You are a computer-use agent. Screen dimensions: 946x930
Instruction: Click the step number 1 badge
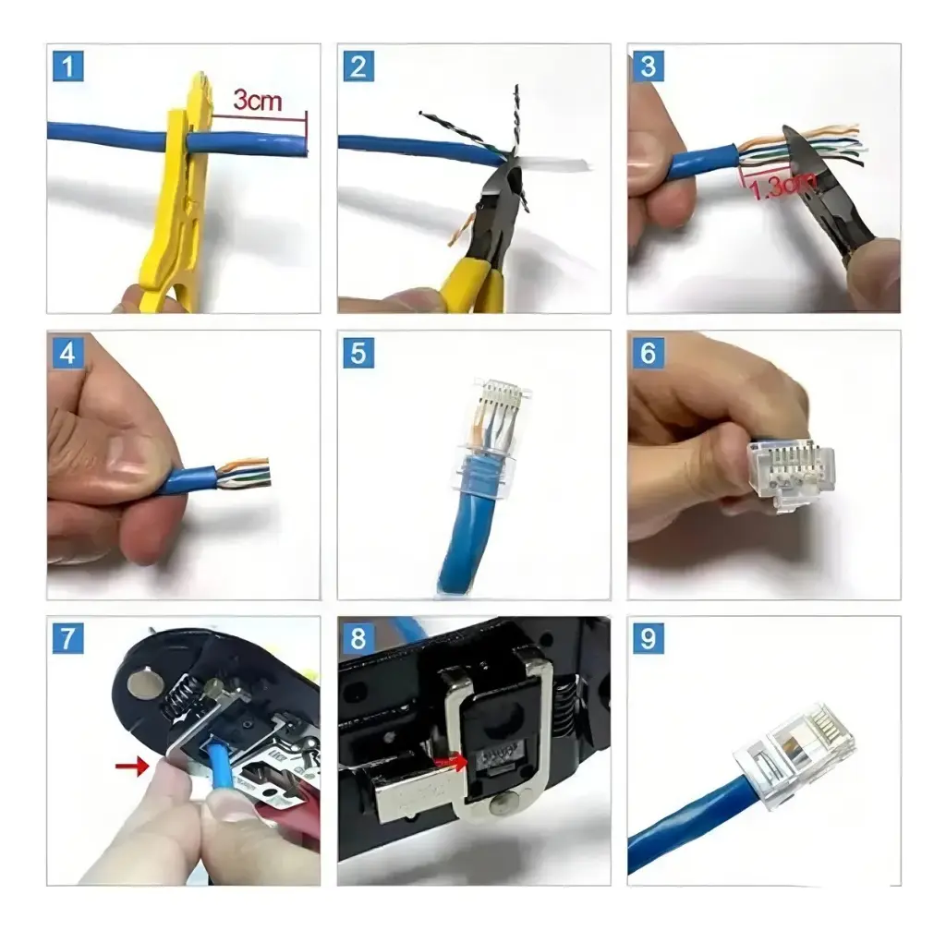(67, 66)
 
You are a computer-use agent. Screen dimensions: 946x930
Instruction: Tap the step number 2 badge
(358, 66)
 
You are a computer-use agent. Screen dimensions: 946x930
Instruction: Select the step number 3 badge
(648, 66)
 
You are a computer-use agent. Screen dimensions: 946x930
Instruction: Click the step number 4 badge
(67, 353)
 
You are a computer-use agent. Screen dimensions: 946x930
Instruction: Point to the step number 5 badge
(358, 353)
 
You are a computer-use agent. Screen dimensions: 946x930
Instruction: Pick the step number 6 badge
(648, 353)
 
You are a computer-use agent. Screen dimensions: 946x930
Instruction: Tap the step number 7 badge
(67, 639)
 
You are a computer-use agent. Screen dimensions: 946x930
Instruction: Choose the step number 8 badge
(358, 639)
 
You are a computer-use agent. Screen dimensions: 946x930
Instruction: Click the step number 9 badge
(648, 639)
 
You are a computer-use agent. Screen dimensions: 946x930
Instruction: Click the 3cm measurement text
(258, 100)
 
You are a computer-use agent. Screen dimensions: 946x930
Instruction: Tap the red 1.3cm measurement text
(782, 185)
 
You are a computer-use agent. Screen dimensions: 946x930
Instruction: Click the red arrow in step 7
(131, 767)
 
